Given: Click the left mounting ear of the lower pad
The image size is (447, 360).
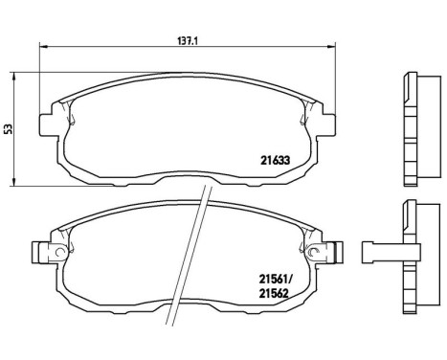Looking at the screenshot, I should tap(43, 254).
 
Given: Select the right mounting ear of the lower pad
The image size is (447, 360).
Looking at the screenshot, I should tap(331, 254).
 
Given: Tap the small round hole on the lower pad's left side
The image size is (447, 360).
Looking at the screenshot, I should tap(61, 254).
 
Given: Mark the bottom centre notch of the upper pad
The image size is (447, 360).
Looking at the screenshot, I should tap(188, 178).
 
